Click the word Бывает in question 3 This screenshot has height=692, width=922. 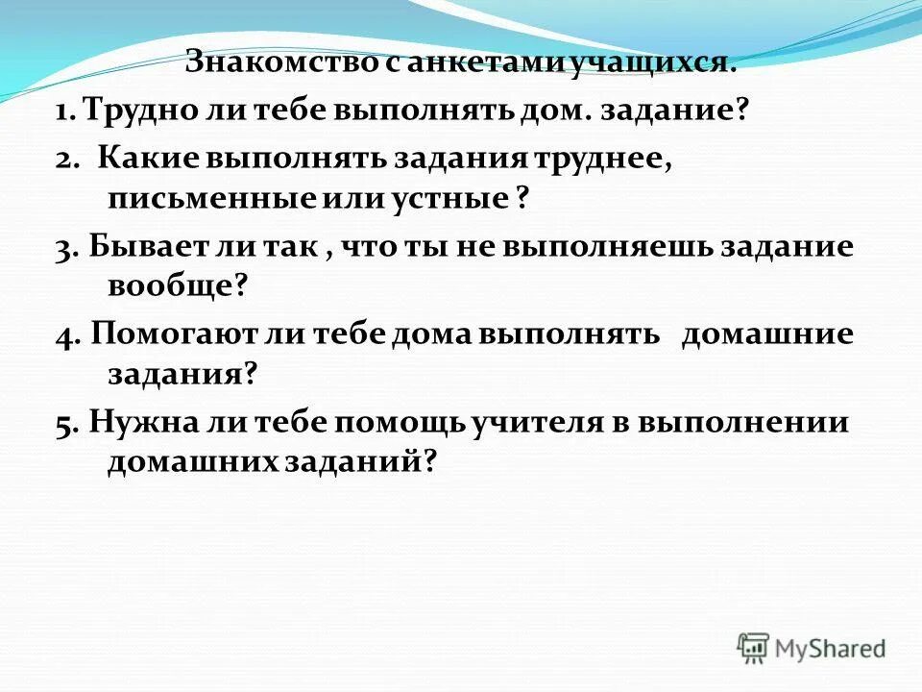[152, 247]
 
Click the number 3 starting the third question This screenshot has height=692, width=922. [62, 248]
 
